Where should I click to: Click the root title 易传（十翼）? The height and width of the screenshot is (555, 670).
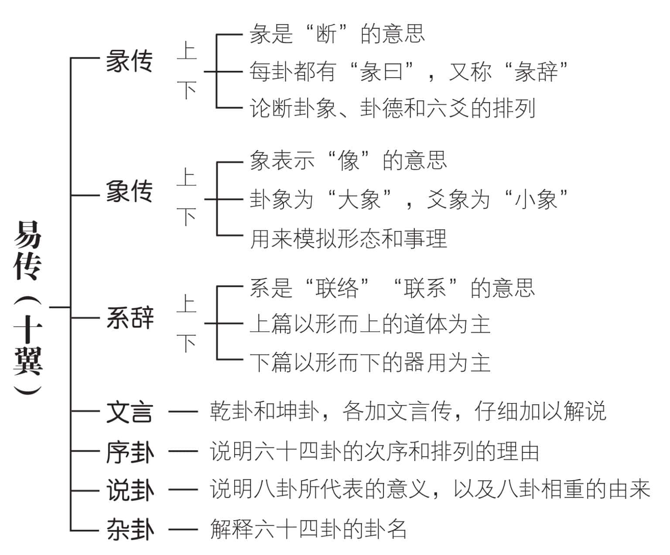27,308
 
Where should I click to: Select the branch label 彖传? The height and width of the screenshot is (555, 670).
129,61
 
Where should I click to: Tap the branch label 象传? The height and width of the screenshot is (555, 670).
129,191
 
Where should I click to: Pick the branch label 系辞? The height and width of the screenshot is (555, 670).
130,318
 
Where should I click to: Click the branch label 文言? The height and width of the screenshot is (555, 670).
129,412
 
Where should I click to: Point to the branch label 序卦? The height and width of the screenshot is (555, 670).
130,452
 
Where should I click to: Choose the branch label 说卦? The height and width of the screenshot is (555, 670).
130,490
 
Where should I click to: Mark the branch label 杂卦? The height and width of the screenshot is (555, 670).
130,530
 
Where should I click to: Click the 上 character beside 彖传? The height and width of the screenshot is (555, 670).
187,51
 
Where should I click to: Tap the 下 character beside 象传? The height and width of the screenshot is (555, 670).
187,217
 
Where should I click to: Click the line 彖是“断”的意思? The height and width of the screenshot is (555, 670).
337,34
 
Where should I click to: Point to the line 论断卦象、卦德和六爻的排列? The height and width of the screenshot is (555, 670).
393,108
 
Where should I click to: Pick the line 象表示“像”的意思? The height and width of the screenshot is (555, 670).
348,160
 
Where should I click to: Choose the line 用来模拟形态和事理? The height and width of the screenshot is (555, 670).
348,239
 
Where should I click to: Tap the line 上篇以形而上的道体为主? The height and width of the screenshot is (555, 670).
370,324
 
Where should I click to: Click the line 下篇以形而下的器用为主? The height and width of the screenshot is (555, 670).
370,362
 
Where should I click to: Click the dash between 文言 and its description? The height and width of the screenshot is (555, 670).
183,411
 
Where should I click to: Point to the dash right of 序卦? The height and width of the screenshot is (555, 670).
183,451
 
